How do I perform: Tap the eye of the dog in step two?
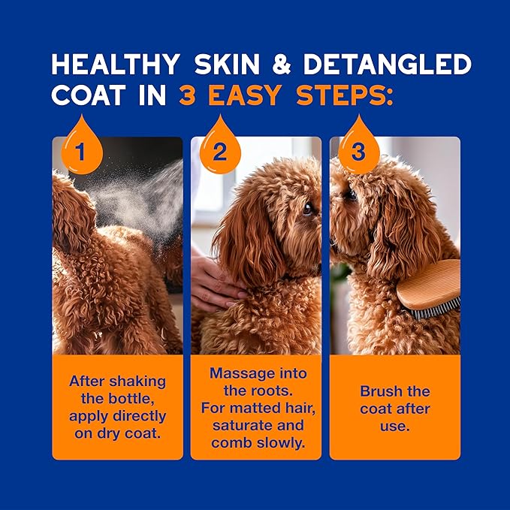pyautogui.click(x=306, y=209)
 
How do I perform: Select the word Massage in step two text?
pyautogui.click(x=235, y=373)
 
